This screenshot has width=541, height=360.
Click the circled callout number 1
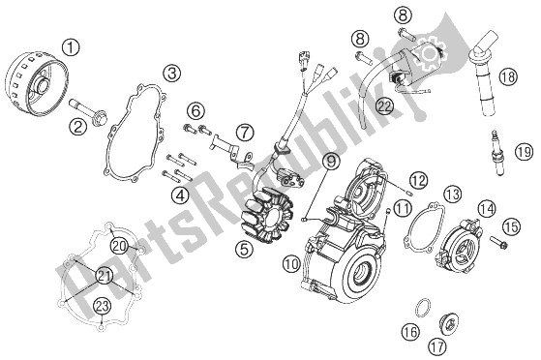[71, 47]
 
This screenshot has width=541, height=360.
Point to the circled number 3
[172, 74]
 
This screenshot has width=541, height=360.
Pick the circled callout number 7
[245, 133]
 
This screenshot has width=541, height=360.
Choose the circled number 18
[508, 76]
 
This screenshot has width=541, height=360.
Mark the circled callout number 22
[385, 105]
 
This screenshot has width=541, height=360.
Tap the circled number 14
[487, 209]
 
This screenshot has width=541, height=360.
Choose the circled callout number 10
[291, 265]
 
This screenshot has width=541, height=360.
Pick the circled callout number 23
[103, 306]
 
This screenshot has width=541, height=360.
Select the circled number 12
[418, 180]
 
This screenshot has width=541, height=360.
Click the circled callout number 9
[331, 162]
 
